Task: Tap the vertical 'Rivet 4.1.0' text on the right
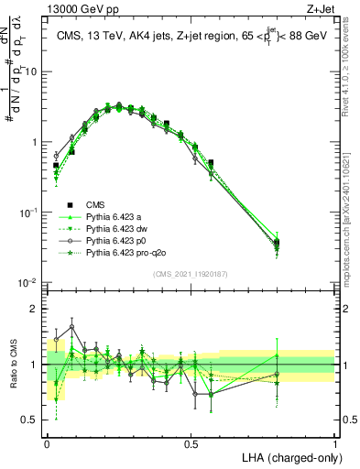click(x=351, y=69)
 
